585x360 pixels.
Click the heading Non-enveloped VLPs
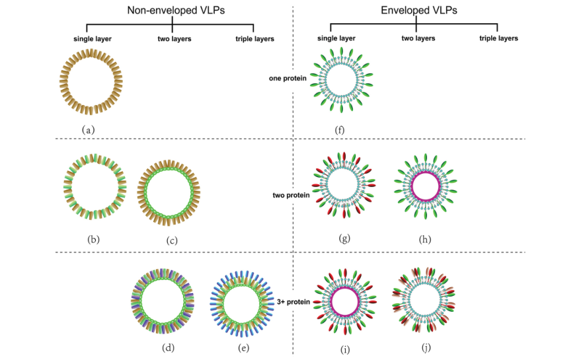pos(173,11)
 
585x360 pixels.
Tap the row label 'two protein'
pos(289,195)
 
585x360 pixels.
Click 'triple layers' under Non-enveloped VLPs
pos(255,39)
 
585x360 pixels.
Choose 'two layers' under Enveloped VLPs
pos(418,38)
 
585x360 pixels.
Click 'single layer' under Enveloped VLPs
pos(337,38)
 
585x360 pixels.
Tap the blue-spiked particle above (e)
pos(244,301)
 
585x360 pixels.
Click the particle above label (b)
pos(95,188)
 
